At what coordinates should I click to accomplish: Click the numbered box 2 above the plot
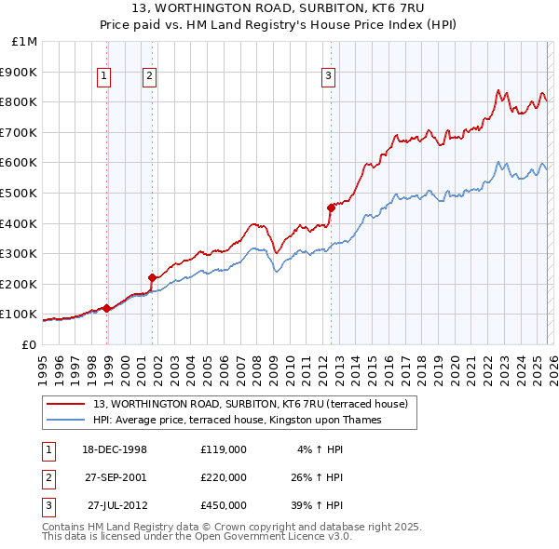(149, 77)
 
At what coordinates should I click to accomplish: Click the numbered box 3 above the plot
(328, 77)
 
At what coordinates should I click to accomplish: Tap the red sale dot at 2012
(331, 208)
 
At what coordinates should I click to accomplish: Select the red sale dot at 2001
(152, 276)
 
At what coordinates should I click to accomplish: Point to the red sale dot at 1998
(107, 308)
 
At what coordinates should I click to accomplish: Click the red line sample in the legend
(67, 405)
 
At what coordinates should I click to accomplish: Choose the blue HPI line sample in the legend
(67, 421)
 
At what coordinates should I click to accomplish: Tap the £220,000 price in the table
(223, 477)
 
